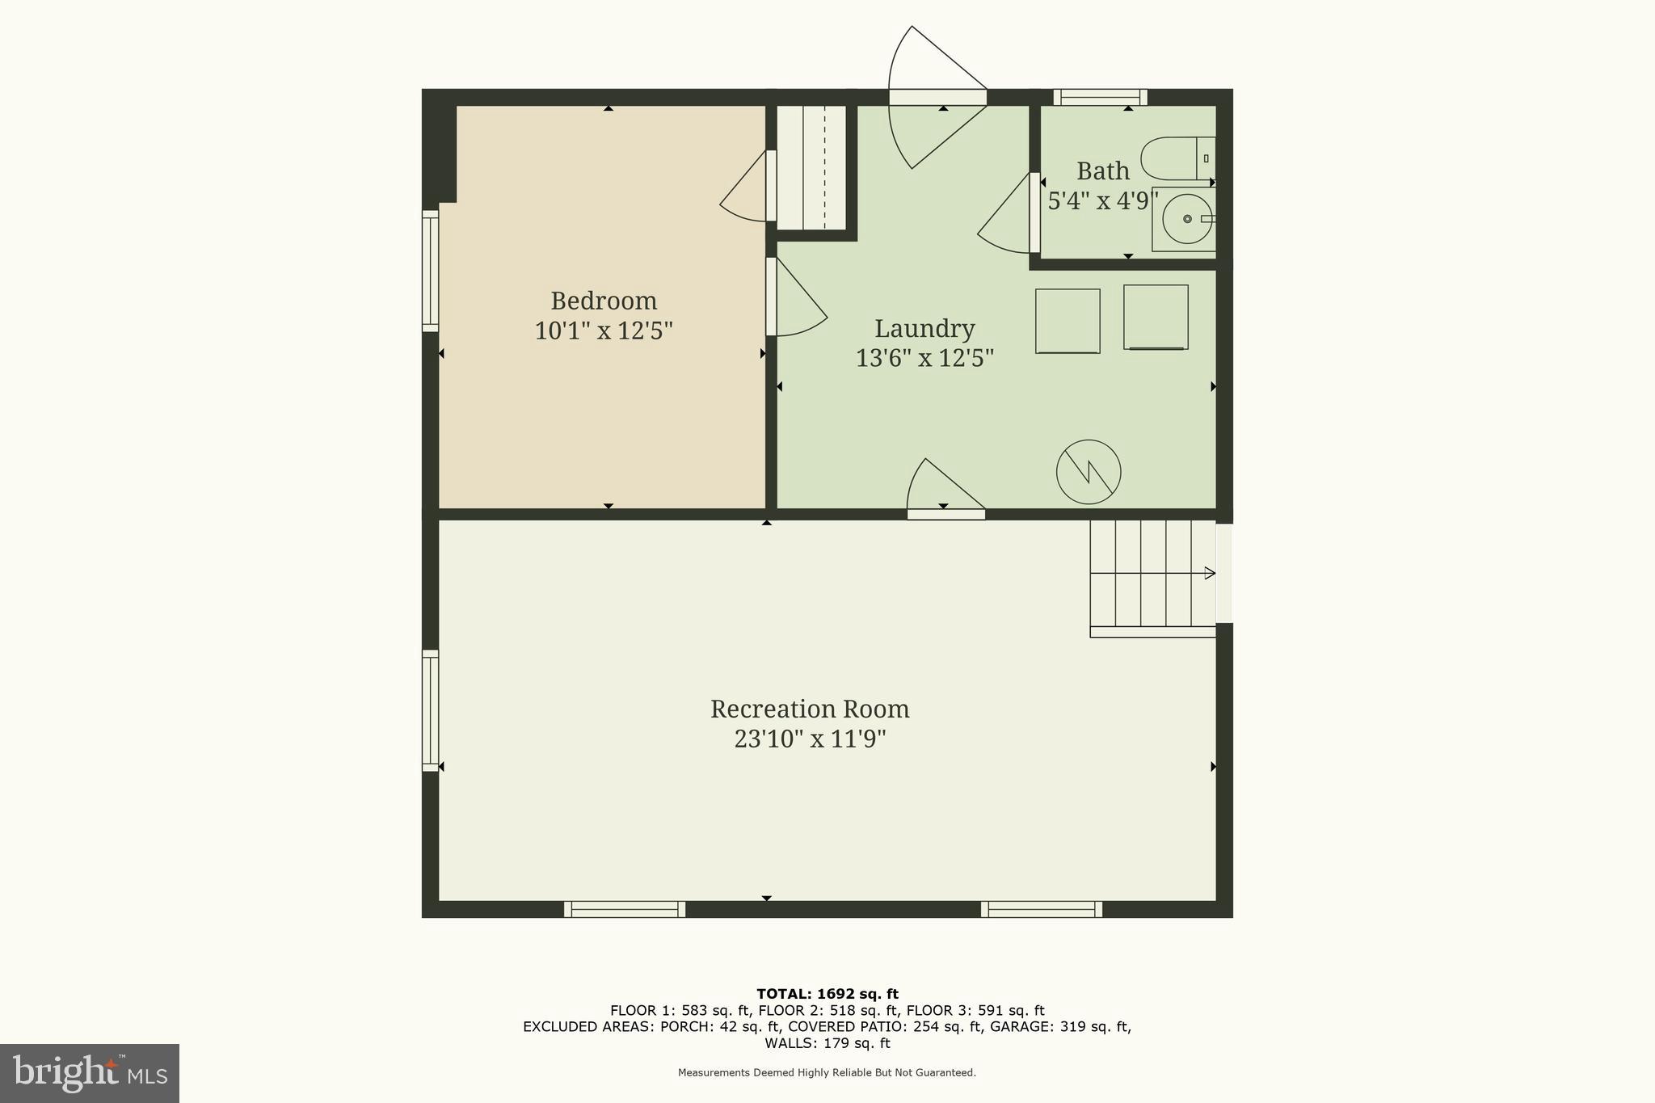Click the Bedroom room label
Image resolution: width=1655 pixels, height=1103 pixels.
tap(604, 301)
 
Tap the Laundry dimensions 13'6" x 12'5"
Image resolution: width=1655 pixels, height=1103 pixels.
tap(924, 357)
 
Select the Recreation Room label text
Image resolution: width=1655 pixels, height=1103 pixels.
tap(810, 709)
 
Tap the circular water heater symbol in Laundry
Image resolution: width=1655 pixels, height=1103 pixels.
tap(1089, 472)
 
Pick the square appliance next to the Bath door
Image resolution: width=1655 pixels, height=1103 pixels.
tap(1068, 321)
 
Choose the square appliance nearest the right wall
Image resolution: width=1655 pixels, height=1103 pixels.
tap(1156, 317)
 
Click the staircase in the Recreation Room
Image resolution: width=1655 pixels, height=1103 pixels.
tap(1152, 575)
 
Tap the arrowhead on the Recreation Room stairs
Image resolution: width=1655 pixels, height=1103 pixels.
tap(1210, 573)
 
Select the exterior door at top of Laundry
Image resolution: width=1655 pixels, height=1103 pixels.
tap(937, 97)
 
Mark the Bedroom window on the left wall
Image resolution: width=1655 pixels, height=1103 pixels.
tap(430, 271)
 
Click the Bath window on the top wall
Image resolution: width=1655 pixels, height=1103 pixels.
tap(1100, 97)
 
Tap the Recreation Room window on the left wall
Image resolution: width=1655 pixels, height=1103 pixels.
tap(430, 710)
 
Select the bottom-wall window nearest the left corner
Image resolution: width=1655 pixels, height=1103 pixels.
tap(624, 909)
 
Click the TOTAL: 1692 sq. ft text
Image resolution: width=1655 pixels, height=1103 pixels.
tap(827, 994)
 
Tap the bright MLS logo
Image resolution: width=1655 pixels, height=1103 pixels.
tap(89, 1073)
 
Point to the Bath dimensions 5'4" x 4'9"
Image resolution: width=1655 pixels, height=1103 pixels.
tap(1103, 200)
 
